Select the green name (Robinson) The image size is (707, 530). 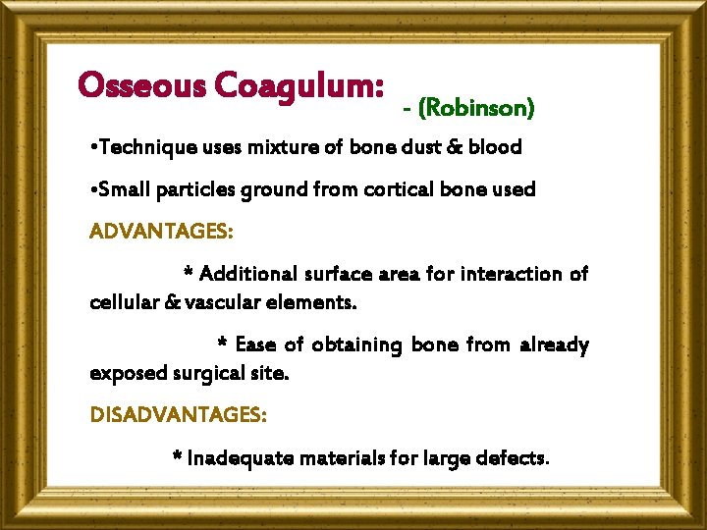(x=476, y=107)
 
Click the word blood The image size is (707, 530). (x=495, y=148)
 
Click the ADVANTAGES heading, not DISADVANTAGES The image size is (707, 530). (x=161, y=232)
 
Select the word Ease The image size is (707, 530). (x=255, y=344)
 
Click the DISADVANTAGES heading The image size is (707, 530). (x=178, y=415)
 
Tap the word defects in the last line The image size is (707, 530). (x=514, y=457)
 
